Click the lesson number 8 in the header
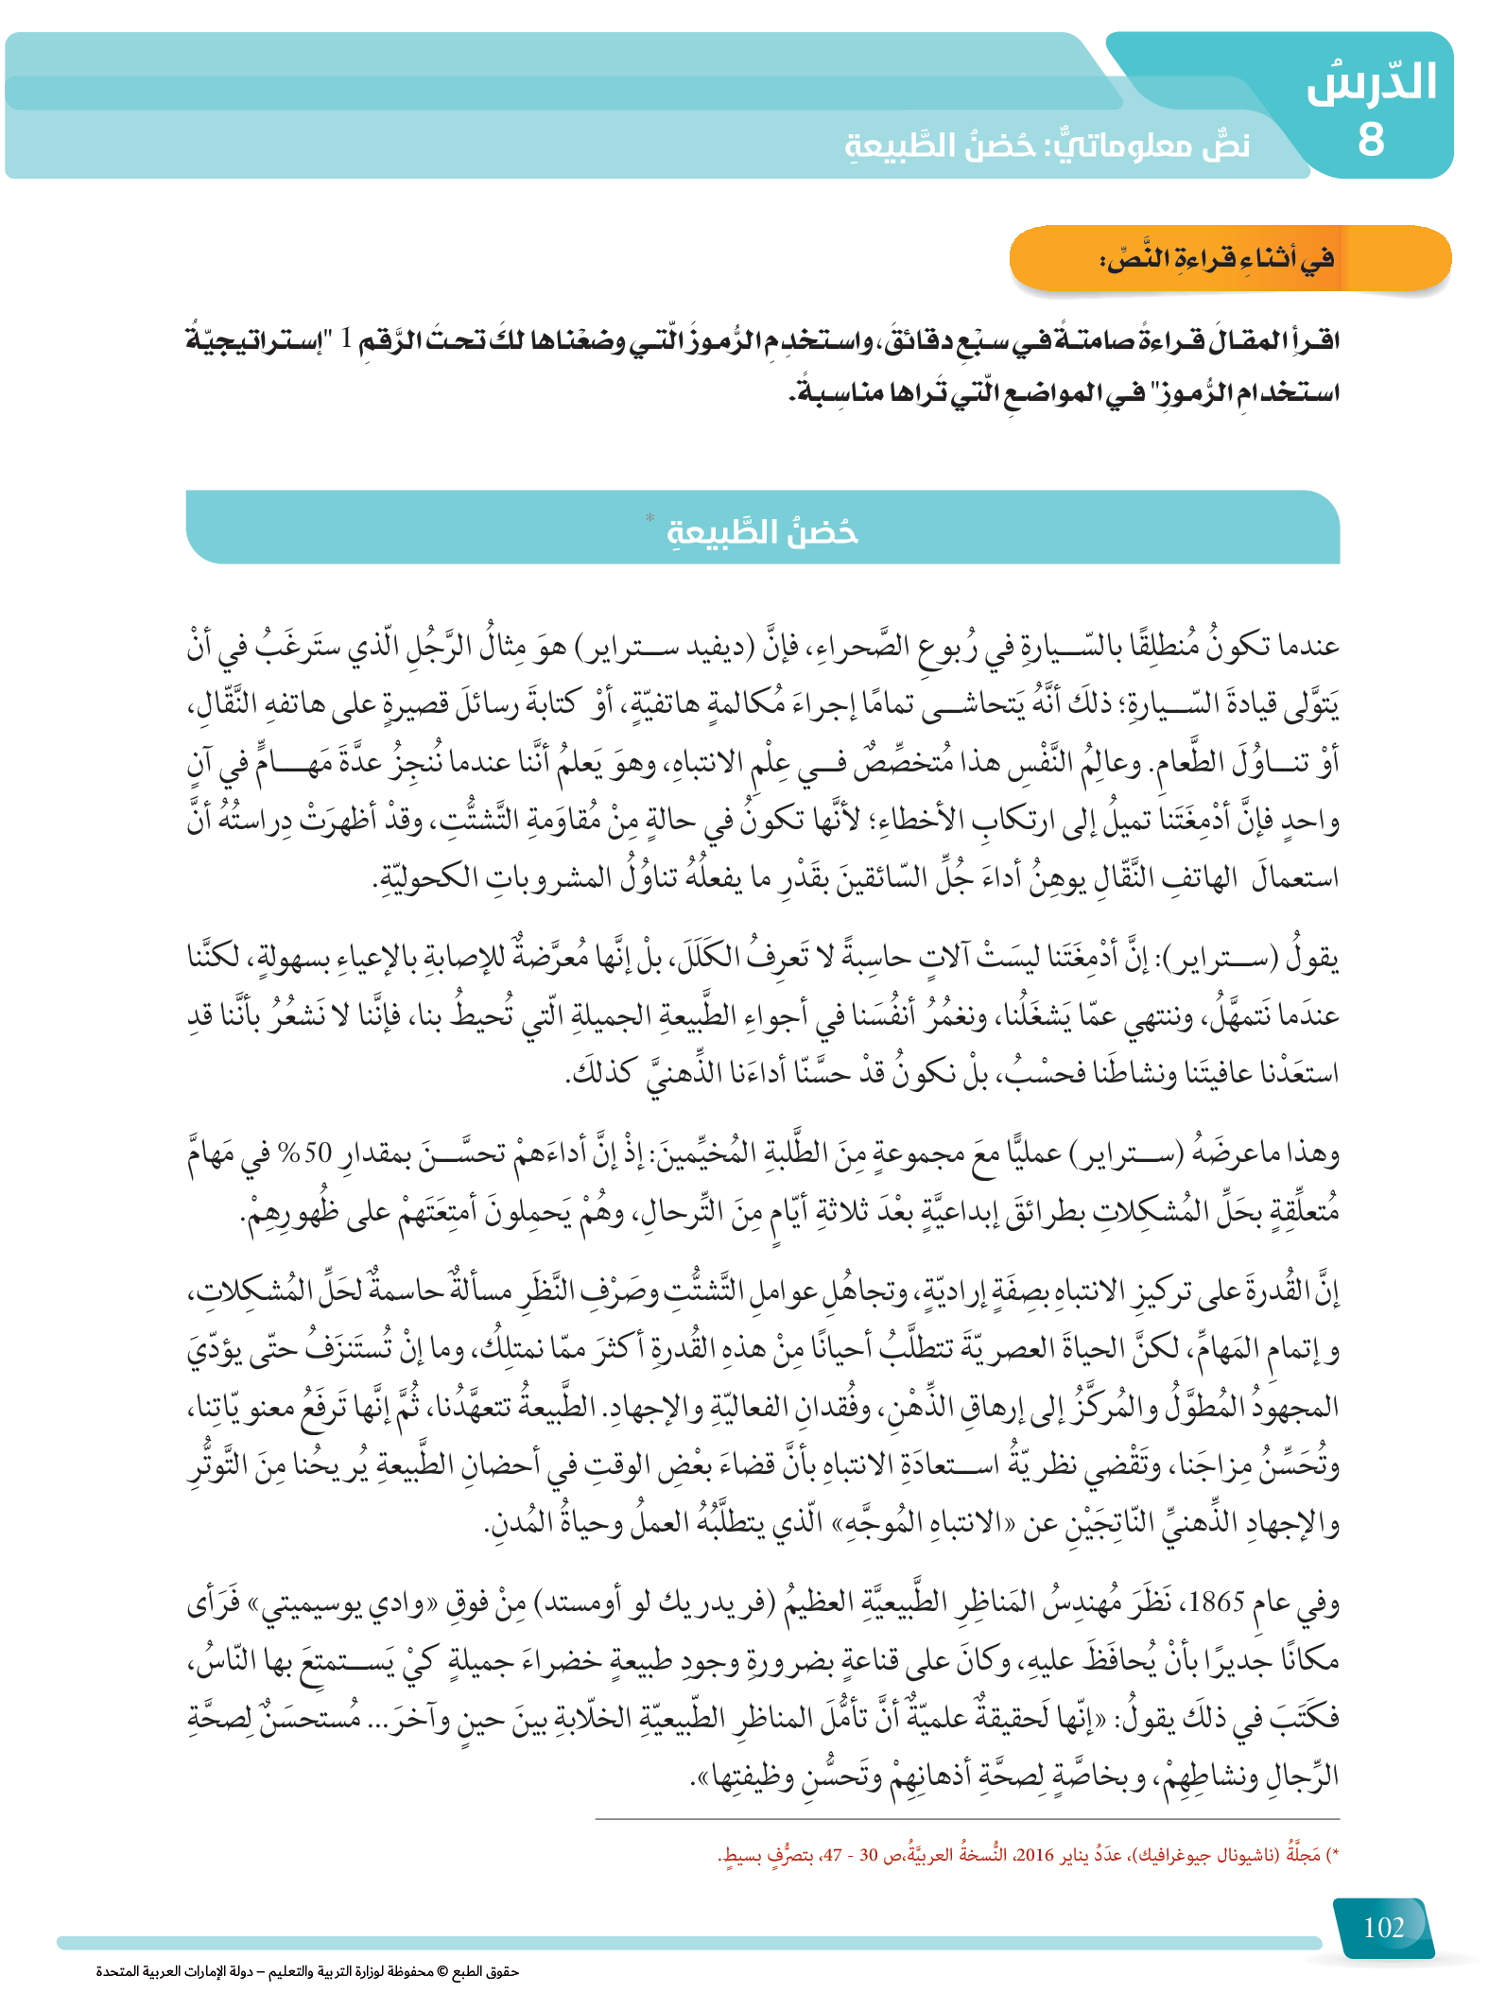[x=1371, y=140]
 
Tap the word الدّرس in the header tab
[x=1372, y=83]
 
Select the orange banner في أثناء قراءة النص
[x=1229, y=258]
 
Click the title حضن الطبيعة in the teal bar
[x=763, y=531]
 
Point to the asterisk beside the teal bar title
[x=649, y=517]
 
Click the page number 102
[x=1383, y=1927]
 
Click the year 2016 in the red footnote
[x=1033, y=1855]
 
